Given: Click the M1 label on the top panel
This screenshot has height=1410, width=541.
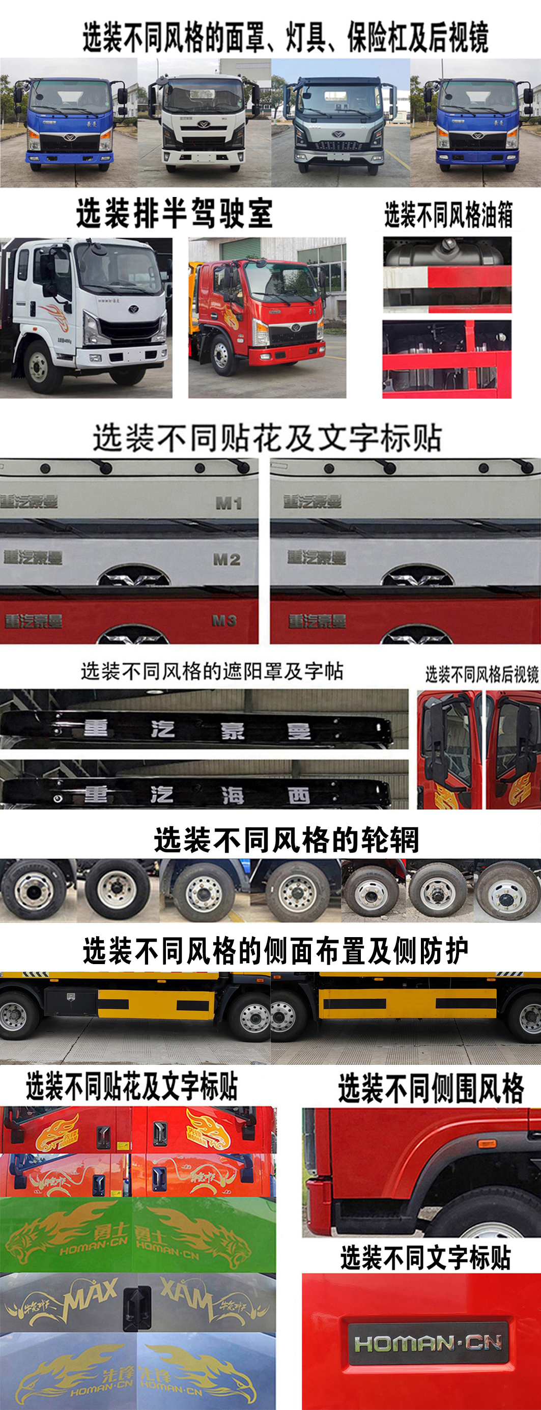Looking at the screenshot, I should tap(229, 502).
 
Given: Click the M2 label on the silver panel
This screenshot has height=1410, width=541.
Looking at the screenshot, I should tap(226, 559).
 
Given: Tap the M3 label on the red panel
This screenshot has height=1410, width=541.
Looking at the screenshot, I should tap(224, 620).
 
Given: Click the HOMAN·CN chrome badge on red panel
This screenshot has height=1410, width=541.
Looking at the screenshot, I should tap(429, 1343).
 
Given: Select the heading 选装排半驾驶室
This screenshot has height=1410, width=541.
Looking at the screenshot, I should tap(174, 213).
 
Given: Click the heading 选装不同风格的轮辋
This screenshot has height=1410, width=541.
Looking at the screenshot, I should tap(286, 840).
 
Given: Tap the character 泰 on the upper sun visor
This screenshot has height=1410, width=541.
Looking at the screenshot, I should tap(233, 731).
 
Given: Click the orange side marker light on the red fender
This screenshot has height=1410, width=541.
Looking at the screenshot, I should tap(487, 1144).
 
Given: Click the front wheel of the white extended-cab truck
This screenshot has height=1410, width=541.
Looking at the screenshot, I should tap(38, 366).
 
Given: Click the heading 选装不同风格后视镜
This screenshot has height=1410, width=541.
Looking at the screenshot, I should tap(481, 674).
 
